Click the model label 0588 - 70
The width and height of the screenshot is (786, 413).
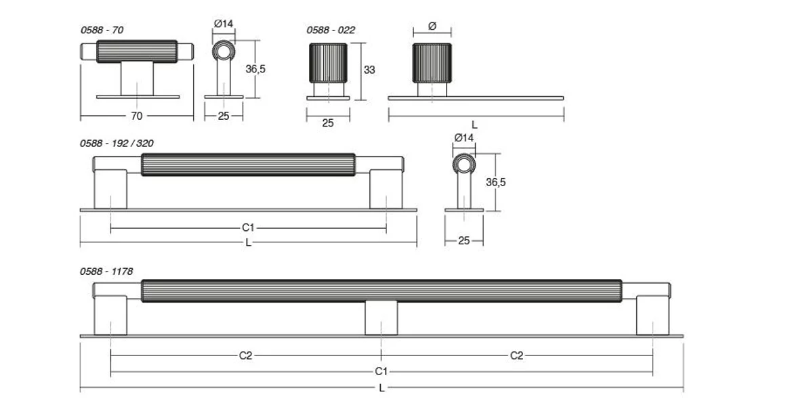pos(102,30)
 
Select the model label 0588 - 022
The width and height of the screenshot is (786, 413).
pos(331,30)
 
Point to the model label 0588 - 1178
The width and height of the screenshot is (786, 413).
pos(106,271)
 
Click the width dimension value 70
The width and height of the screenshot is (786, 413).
pos(136,116)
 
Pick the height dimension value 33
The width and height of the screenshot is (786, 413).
pos(369,70)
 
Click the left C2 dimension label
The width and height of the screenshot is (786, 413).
pos(245,355)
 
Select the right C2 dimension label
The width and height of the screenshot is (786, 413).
pos(516,355)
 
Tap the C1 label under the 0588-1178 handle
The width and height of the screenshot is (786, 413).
pos(381,372)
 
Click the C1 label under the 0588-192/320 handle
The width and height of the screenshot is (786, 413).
pos(248,228)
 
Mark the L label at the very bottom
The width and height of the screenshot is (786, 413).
pos(381,388)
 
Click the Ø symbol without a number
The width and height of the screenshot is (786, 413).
pos(432,26)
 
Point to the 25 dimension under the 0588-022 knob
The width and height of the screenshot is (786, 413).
pos(328,123)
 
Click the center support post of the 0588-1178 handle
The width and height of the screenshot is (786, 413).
pos(381,318)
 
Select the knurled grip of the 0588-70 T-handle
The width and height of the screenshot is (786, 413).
pos(137,51)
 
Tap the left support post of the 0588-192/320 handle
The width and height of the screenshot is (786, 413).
pos(110,190)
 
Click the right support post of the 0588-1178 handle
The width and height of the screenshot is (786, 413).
pos(653,317)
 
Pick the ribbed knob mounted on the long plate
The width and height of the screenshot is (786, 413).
pos(432,63)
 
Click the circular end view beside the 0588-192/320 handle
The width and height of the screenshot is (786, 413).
pos(464,165)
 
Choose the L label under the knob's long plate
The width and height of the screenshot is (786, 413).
pos(474,125)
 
